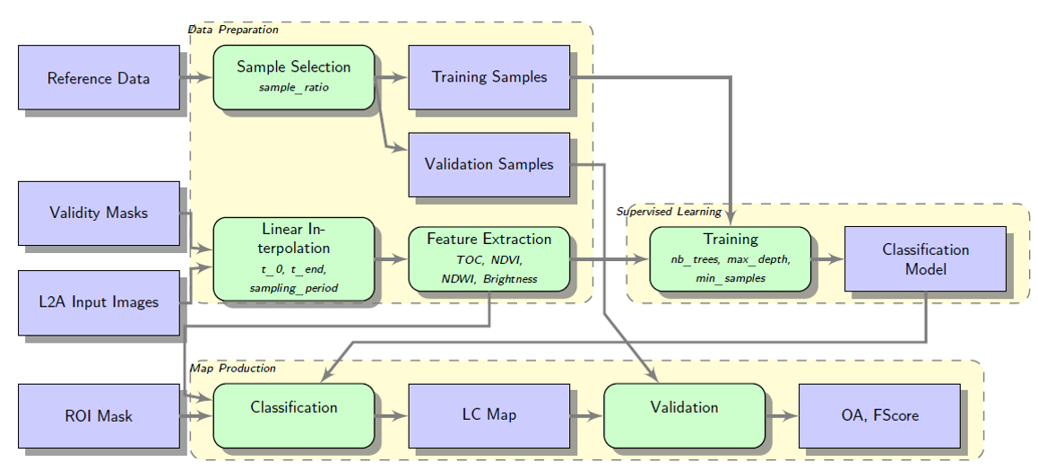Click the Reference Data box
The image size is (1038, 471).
pos(99,78)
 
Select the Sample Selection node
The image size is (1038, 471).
pos(293,77)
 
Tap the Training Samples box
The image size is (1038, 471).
pos(489,77)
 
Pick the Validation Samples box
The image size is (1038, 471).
pos(489,164)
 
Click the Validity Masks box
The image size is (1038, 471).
pos(99,213)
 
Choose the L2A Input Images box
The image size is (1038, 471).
pos(99,301)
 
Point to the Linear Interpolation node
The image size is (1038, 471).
pos(293,258)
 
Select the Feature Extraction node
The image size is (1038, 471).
pos(489,258)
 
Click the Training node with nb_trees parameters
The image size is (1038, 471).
pos(730,258)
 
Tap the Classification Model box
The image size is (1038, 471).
pos(925,258)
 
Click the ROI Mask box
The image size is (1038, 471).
pos(99,415)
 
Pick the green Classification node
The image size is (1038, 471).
pos(293,414)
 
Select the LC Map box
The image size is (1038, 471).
pos(489,414)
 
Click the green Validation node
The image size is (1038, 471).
pos(684,414)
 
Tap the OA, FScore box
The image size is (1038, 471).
pos(878,414)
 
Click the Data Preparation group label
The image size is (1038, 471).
pos(233,30)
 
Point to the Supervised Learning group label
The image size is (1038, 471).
pos(669,212)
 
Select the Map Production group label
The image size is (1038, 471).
pos(233,369)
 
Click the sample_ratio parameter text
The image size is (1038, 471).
pos(293,88)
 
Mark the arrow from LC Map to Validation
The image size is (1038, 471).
pos(586,415)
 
